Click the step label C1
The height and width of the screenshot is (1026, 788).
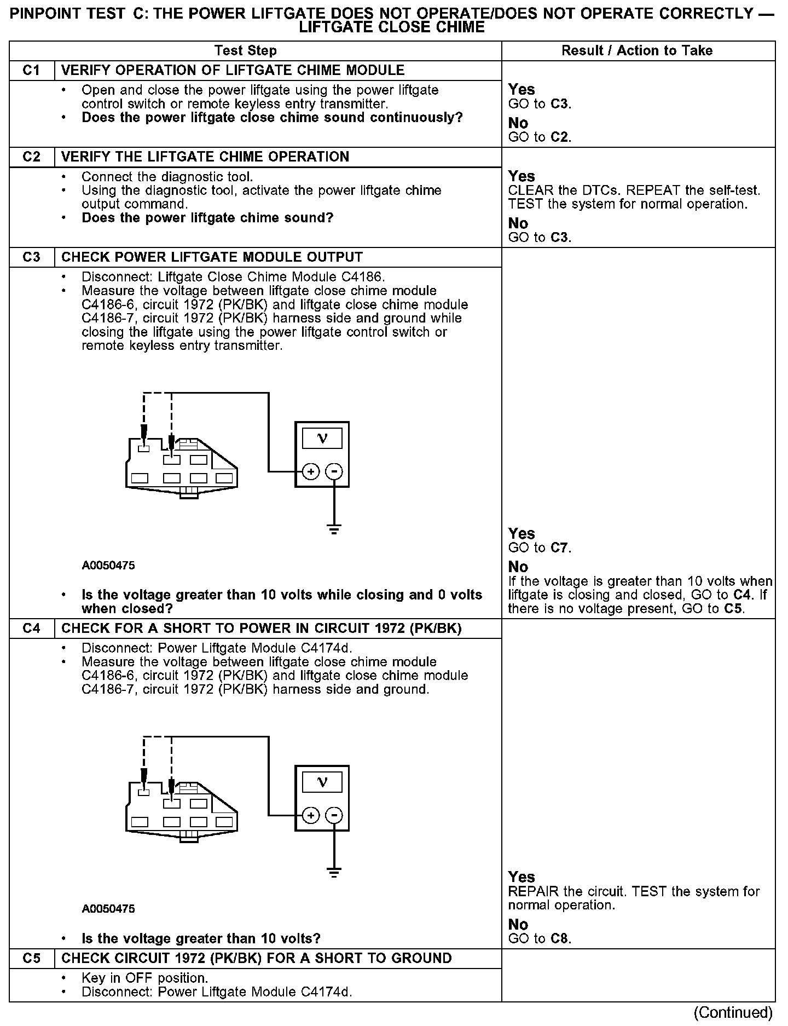32,71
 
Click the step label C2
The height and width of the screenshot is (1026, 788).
32,157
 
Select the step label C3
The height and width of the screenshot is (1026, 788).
32,257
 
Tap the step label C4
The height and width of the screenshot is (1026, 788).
32,629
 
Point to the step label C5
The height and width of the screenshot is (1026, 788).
32,958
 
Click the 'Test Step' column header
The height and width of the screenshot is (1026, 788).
246,51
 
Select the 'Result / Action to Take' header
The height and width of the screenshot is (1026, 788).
637,51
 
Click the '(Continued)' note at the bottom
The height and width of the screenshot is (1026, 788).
733,1012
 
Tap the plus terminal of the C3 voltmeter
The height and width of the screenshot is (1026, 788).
310,471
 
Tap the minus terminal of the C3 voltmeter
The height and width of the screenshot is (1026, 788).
334,471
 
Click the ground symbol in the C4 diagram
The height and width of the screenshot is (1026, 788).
334,872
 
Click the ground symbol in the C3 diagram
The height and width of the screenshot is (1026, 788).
334,528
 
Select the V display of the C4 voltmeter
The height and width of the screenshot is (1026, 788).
322,782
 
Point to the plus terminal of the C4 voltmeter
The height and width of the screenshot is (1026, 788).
310,815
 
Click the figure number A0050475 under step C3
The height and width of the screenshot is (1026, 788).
108,566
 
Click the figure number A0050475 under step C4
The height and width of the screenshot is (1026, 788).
108,909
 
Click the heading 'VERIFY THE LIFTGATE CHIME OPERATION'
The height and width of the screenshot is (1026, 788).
205,157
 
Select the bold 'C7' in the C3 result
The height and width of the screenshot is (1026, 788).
560,548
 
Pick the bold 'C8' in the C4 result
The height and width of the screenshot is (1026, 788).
560,939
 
